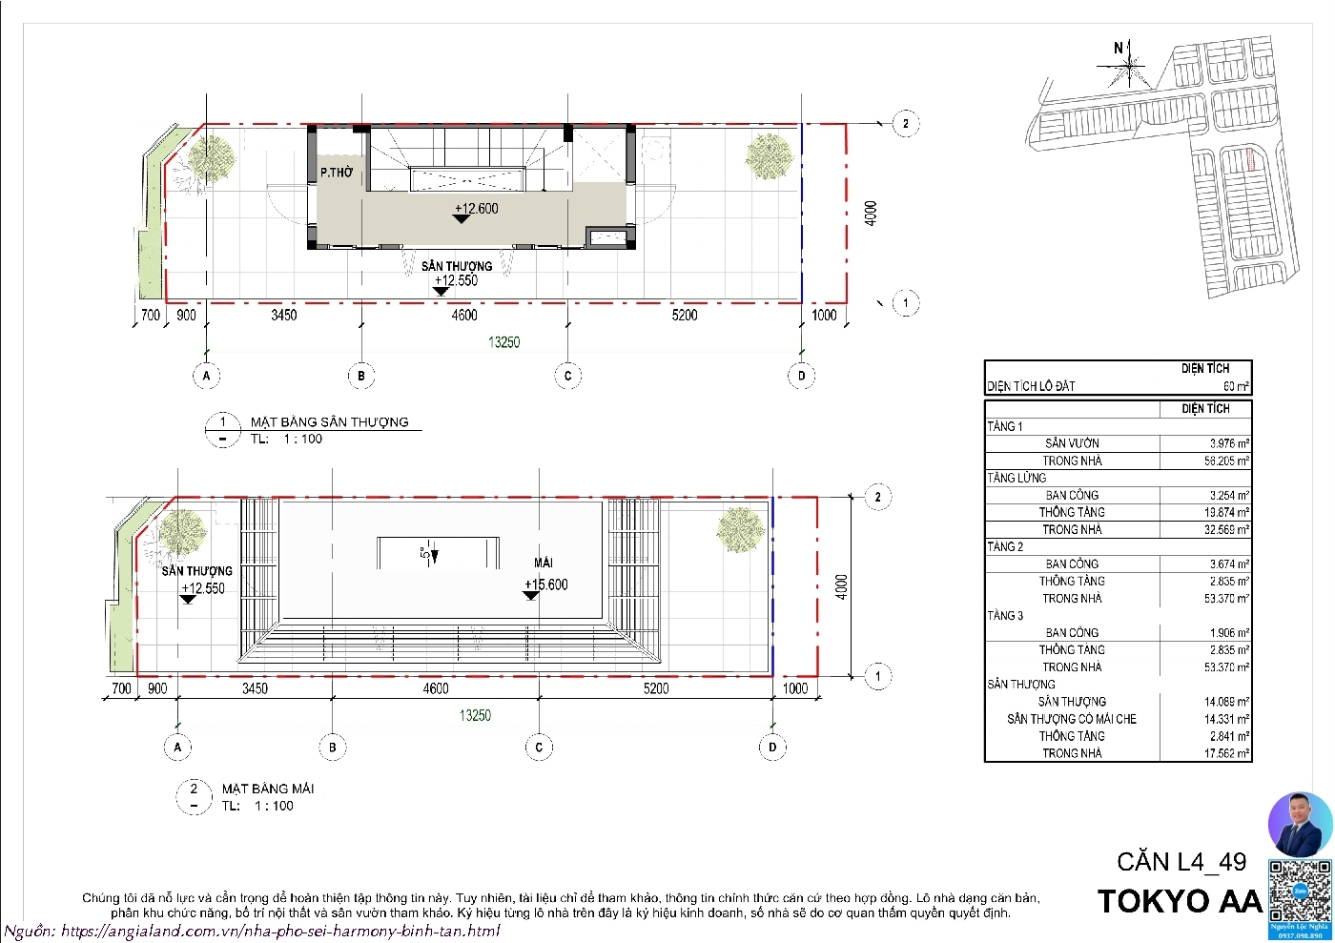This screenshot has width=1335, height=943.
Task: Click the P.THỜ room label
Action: [336, 173]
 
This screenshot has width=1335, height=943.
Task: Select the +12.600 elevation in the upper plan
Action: [476, 209]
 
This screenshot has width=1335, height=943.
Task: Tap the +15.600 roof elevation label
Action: [545, 584]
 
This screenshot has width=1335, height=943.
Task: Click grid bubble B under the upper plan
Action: [361, 376]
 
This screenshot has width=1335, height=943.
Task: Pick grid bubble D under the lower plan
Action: [772, 748]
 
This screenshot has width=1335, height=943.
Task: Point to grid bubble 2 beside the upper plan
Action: [905, 123]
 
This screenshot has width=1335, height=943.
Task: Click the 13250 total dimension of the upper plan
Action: [503, 342]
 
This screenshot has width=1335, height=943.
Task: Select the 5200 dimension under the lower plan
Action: [656, 688]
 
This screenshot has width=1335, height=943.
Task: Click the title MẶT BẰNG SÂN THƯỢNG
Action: [329, 421]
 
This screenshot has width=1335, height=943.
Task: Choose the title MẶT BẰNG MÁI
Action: [267, 789]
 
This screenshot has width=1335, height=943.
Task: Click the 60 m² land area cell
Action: [1236, 386]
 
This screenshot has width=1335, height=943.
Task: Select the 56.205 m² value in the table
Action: [1226, 461]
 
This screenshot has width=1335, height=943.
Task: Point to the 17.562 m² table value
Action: [1226, 753]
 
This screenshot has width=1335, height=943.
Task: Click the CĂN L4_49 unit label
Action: [1181, 862]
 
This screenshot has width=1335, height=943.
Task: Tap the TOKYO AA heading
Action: [1180, 901]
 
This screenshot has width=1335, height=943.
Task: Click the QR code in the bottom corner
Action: [1299, 889]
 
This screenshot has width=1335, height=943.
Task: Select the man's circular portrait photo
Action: [1300, 824]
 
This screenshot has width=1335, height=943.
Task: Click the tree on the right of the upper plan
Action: [768, 156]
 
